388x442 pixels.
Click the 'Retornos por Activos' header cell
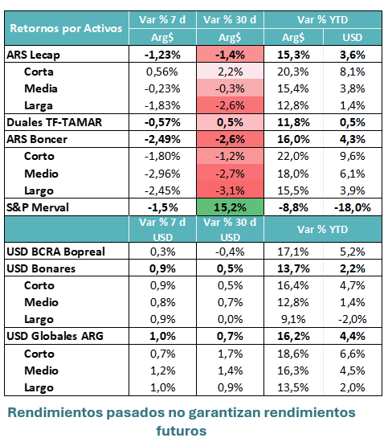coord(66,28)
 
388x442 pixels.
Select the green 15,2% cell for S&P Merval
coord(230,207)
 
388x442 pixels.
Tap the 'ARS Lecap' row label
coord(33,55)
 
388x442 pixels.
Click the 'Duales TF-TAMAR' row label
coord(54,122)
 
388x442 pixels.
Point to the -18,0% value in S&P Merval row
coord(352,208)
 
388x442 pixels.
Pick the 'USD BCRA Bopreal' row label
coord(55,252)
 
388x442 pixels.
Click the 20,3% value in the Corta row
coord(292,72)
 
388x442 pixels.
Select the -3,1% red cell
coord(230,190)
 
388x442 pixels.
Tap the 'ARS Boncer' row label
coord(37,139)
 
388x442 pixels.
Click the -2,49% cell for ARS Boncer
coord(162,139)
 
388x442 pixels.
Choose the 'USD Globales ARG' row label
coord(55,336)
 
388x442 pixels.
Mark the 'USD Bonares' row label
coord(41,268)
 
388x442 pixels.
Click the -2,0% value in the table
coord(352,319)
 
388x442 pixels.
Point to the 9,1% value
coord(293,319)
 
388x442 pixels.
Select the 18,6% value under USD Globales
coord(292,354)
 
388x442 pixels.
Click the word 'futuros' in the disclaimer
coord(182,431)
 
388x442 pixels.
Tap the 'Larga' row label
coord(39,106)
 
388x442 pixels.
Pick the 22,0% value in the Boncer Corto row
coord(292,156)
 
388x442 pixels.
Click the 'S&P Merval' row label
coord(38,207)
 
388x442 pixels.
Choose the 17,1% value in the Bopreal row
coord(292,252)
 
